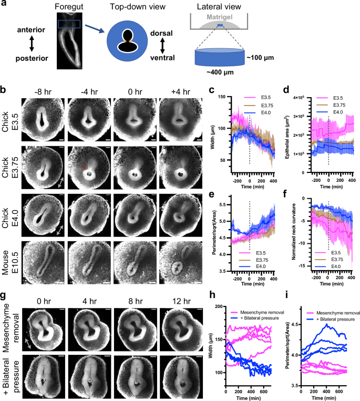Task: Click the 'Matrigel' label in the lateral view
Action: (x=224, y=22)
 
